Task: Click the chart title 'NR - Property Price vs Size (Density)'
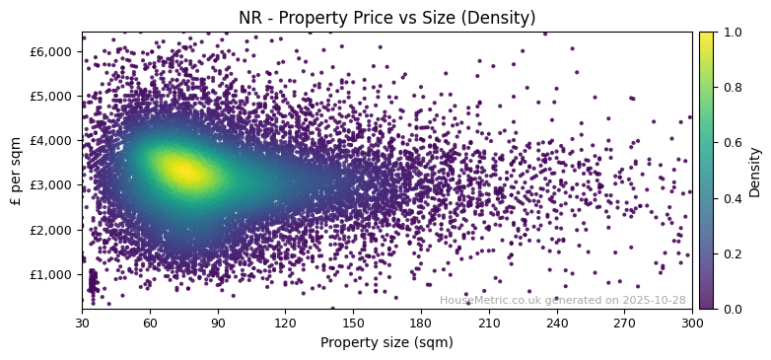386,18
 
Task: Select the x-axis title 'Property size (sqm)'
386,343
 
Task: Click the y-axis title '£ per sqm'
16,171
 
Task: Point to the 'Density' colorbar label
755,171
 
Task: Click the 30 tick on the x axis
82,323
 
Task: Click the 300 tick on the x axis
692,323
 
